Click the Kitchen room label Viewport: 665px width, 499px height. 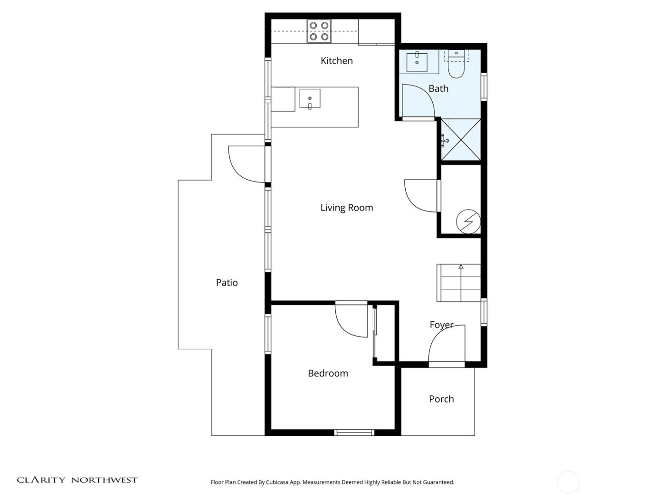[336, 61]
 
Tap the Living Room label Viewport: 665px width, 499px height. [346, 208]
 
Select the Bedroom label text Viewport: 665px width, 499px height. [328, 374]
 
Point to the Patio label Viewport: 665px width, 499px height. [227, 283]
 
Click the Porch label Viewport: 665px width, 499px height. [441, 399]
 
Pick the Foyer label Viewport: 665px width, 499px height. [441, 325]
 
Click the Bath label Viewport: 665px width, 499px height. [438, 88]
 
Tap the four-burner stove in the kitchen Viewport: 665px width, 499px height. [318, 31]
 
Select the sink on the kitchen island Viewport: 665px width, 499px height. [310, 99]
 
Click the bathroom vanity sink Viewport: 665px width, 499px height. [417, 62]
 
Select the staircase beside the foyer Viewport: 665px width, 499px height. [459, 283]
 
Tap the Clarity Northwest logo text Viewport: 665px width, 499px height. [77, 480]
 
